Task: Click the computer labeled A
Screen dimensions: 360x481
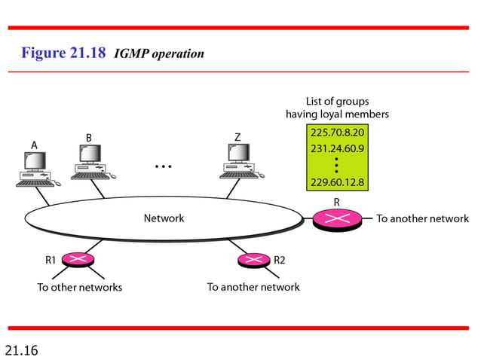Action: (35, 169)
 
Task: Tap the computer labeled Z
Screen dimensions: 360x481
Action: (239, 162)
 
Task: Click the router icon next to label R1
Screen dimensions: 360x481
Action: (77, 260)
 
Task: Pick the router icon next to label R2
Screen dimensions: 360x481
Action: (253, 260)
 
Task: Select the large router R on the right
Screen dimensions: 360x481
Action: (336, 219)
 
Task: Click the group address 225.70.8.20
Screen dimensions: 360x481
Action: (337, 133)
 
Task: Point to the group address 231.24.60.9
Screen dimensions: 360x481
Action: (337, 148)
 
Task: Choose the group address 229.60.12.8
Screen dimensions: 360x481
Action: (337, 182)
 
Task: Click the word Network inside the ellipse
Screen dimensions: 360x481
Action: (164, 218)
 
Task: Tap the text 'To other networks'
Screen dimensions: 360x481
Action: (80, 287)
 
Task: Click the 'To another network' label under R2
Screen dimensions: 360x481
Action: (253, 287)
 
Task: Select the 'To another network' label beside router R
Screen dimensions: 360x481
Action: (422, 218)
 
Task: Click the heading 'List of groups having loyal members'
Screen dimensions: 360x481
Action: (337, 108)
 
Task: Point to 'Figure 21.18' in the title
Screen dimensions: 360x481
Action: (63, 53)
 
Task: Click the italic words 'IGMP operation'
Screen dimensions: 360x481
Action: (158, 54)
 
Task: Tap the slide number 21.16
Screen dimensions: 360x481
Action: (21, 349)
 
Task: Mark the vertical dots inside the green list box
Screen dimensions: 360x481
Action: (337, 165)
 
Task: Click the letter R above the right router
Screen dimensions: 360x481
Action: (336, 201)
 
